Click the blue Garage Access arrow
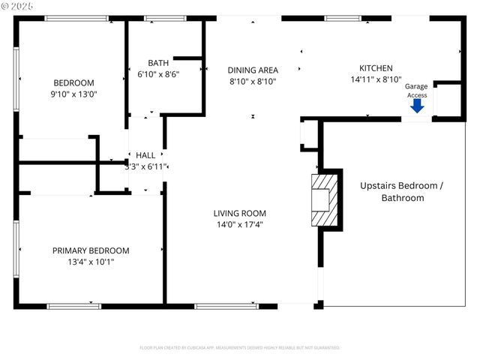tap(417, 106)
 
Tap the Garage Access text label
tap(416, 91)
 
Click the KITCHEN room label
tap(376, 68)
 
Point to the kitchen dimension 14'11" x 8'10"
tap(376, 79)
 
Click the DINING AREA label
tap(253, 70)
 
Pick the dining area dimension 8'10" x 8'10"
tap(253, 81)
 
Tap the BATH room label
tap(158, 63)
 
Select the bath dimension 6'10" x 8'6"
tap(158, 74)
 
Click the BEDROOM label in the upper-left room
tap(73, 82)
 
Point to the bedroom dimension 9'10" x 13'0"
tap(73, 94)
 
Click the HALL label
tap(145, 155)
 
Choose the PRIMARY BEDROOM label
tap(90, 250)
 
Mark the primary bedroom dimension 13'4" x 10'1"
tap(90, 262)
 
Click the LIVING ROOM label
tap(240, 213)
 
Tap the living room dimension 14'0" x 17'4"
tap(240, 224)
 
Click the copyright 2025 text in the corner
tap(19, 6)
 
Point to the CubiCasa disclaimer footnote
tap(240, 348)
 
